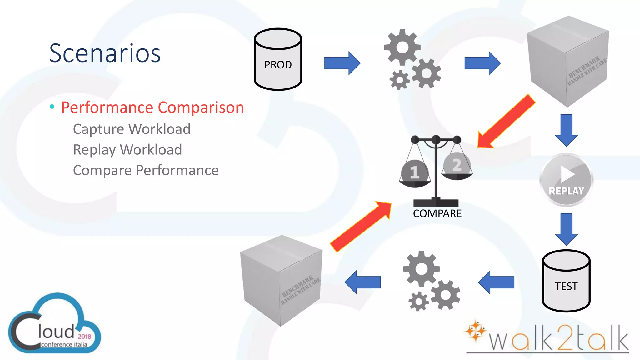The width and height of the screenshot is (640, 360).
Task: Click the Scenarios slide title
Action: [105, 53]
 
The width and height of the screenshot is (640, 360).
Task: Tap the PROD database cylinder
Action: [278, 59]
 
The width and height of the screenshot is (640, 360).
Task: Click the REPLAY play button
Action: [566, 180]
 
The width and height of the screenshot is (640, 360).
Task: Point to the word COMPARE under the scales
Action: [437, 214]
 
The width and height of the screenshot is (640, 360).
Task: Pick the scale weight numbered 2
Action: [457, 165]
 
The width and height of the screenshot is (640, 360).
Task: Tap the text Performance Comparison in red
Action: [152, 107]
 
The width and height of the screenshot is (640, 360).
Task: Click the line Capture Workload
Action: [132, 129]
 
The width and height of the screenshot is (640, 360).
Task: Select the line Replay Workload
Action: [127, 150]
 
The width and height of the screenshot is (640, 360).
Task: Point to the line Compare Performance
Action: [146, 170]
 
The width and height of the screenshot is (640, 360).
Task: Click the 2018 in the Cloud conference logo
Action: [84, 337]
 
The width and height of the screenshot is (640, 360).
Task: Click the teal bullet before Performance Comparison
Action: [52, 107]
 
